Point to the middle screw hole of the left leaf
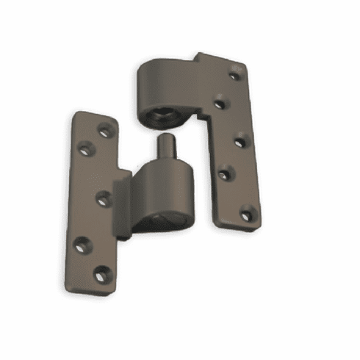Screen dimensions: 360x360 pos(104,198)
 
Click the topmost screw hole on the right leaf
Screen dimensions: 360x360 pos(235,74)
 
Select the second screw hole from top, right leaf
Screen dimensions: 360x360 pos(220,103)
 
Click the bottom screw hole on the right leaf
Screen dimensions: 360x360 pos(247,215)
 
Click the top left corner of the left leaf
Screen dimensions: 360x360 pos(76,114)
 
